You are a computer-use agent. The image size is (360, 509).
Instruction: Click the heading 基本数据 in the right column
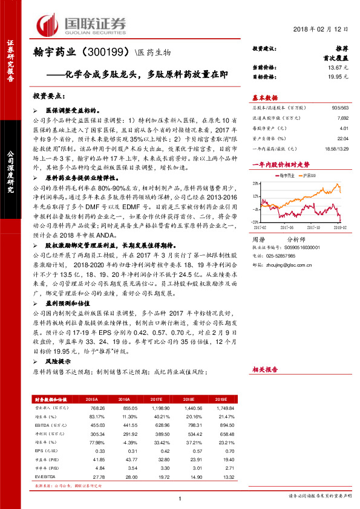tap(265, 98)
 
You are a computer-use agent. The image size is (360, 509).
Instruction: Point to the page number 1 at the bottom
tap(180, 498)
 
